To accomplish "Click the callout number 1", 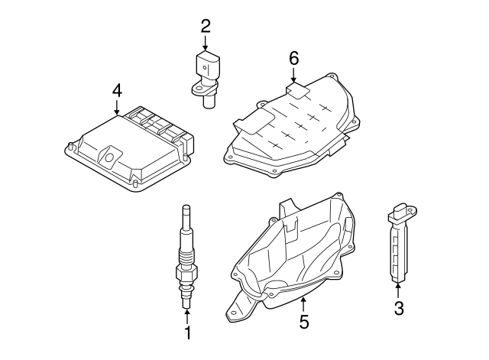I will point(186,333).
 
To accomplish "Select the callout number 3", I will point(398,308).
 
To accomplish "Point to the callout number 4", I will point(116,90).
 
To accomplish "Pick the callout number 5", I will point(304,322).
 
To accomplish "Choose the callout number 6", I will point(294,58).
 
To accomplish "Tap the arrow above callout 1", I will point(186,314).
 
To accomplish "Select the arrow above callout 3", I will point(398,289).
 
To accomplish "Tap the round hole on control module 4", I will point(108,159).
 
